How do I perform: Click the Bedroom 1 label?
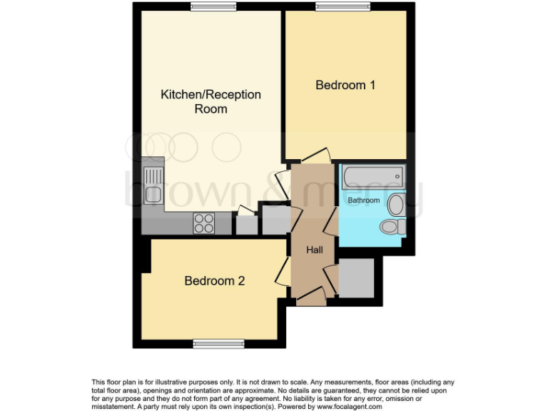345,85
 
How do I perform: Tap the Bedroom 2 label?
214,280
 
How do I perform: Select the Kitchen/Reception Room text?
210,101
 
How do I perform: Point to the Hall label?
315,250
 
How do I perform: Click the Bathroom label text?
363,201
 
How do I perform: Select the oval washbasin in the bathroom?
395,205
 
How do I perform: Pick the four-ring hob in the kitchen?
204,223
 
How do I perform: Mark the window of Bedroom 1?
344,7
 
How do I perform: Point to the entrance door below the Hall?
311,295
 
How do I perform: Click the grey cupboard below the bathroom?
355,278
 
